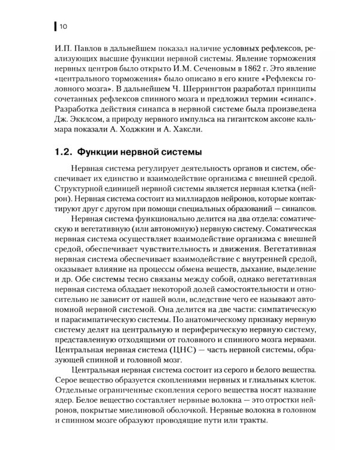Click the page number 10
point(63,26)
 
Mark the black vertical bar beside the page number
point(55,26)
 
